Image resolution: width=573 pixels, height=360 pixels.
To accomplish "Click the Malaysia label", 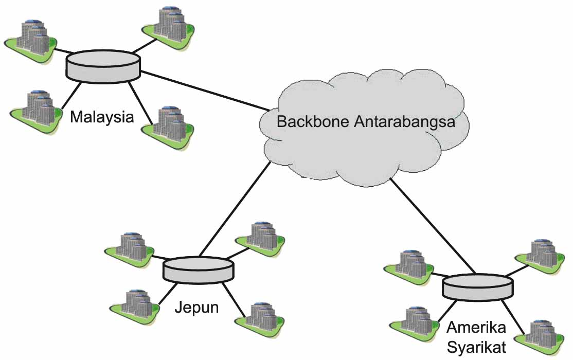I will pyautogui.click(x=102, y=117).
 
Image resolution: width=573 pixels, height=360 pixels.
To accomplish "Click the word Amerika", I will pyautogui.click(x=476, y=328).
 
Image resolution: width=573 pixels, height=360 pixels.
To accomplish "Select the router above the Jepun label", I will pyautogui.click(x=198, y=269).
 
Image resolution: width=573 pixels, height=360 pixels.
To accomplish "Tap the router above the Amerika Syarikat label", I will pyautogui.click(x=477, y=287).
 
